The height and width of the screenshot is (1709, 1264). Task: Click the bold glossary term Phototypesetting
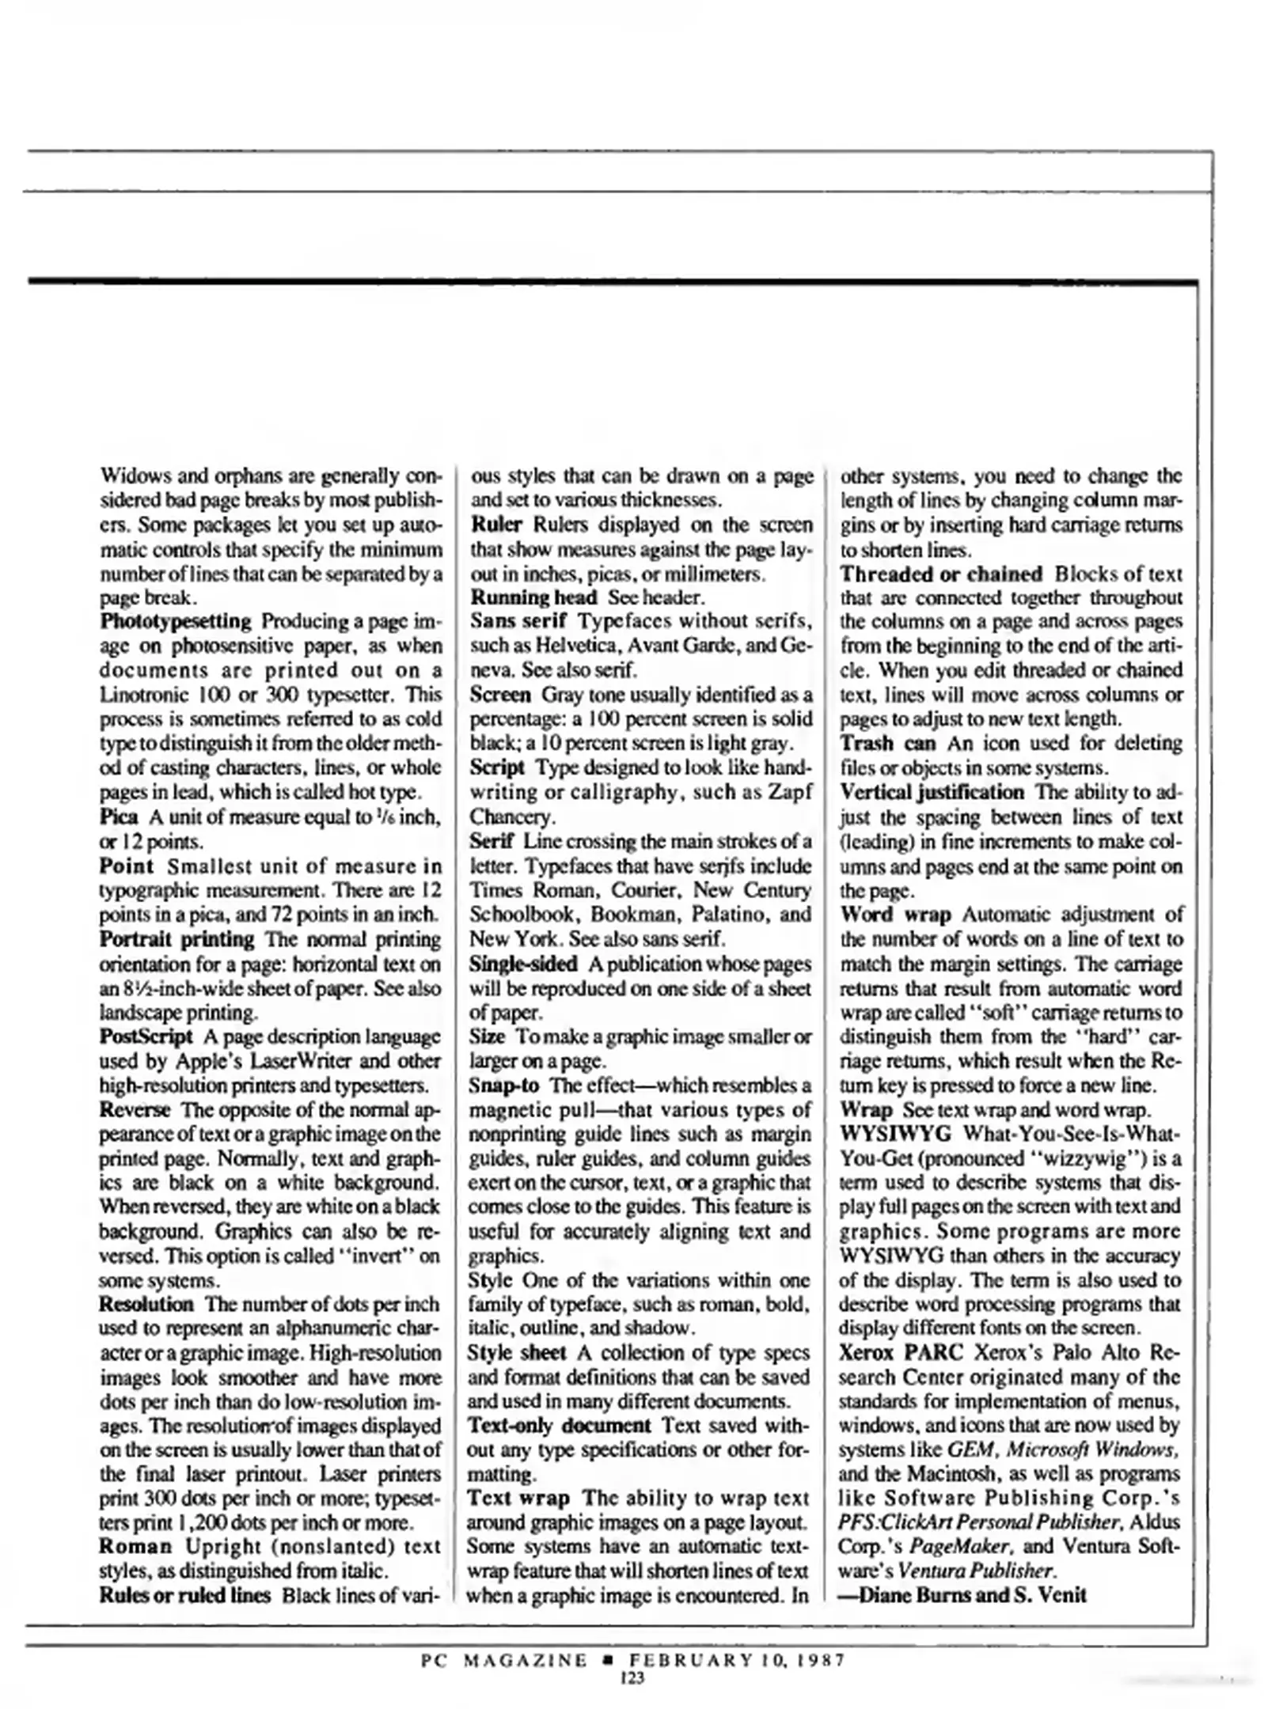(x=175, y=621)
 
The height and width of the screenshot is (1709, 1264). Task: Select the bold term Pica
(x=119, y=816)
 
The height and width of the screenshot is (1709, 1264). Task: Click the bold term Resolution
(x=146, y=1303)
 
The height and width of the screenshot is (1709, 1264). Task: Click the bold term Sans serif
(x=518, y=621)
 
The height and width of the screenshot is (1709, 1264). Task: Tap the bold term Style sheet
(x=516, y=1352)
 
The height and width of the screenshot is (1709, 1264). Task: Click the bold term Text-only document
(x=559, y=1425)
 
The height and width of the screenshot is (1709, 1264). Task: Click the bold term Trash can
(x=887, y=743)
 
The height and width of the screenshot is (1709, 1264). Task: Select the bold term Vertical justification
(x=931, y=792)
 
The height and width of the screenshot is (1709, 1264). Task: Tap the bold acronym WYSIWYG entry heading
(x=894, y=1133)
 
